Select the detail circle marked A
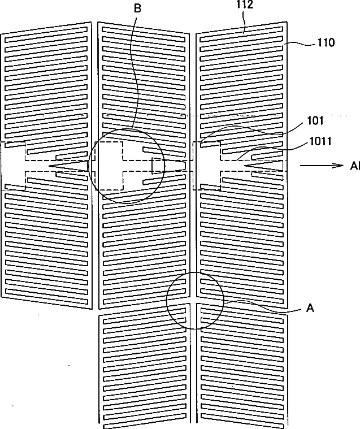tap(194, 300)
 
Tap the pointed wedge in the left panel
tap(68, 165)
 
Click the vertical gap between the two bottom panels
tap(194, 367)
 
